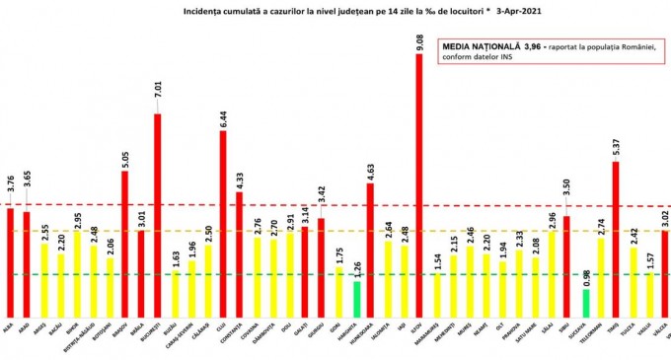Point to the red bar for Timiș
616,238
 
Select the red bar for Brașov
124,243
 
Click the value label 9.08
419,40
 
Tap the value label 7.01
157,100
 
